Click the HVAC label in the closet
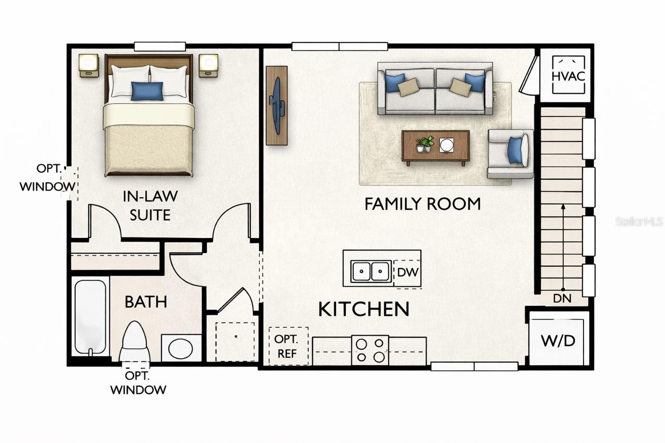[x=568, y=76]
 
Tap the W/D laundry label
[x=558, y=341]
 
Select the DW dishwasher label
[x=408, y=272]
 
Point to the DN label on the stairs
[x=562, y=299]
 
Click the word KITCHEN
[x=364, y=309]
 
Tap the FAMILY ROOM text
[x=422, y=204]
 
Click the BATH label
[x=146, y=302]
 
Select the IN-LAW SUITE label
[x=150, y=206]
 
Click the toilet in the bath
[x=135, y=342]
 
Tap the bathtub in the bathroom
[x=90, y=317]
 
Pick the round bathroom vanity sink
[x=180, y=348]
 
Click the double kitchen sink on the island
[x=370, y=271]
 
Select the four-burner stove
[x=370, y=351]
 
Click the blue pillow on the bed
[x=147, y=91]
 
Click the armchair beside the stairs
[x=510, y=154]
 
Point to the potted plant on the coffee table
[x=425, y=144]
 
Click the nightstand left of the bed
[x=89, y=65]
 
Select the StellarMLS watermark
[x=639, y=221]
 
